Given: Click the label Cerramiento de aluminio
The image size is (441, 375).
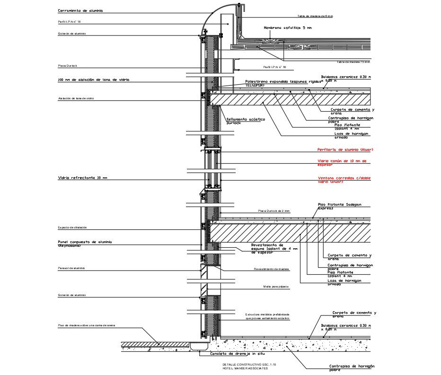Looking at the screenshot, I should click(x=80, y=10).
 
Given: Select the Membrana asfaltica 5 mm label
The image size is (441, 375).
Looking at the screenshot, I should click(x=288, y=28).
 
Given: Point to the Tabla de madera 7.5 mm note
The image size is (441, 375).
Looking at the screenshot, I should click(x=353, y=62).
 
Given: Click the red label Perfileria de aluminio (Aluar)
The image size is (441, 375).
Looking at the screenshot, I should click(x=341, y=150).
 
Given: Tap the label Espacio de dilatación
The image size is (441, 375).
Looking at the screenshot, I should click(x=72, y=227).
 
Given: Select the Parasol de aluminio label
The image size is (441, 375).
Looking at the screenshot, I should click(x=71, y=268).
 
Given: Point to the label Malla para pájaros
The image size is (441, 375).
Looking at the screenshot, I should click(x=276, y=287).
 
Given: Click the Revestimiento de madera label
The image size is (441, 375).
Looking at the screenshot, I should click(x=271, y=269).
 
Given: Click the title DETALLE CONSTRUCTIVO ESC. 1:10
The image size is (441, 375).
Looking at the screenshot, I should click(x=249, y=365).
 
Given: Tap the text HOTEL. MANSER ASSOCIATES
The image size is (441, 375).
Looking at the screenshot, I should click(x=245, y=369).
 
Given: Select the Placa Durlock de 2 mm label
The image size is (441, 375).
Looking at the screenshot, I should click(x=273, y=211).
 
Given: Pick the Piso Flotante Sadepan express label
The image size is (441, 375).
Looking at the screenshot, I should click(x=343, y=206).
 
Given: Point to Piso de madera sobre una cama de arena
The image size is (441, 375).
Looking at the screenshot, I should click(x=87, y=325).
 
